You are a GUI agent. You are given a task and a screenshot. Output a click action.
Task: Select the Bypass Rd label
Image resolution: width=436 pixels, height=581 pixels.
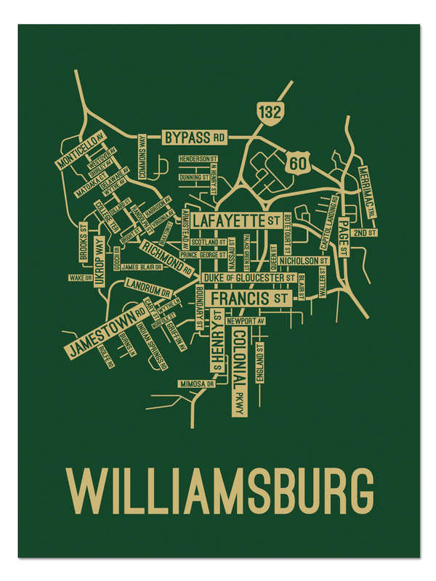(x=194, y=137)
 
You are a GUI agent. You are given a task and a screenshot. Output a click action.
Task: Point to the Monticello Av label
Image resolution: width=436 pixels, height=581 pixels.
(x=81, y=148)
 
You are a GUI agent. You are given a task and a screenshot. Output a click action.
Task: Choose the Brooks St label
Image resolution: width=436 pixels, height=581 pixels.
(x=84, y=245)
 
